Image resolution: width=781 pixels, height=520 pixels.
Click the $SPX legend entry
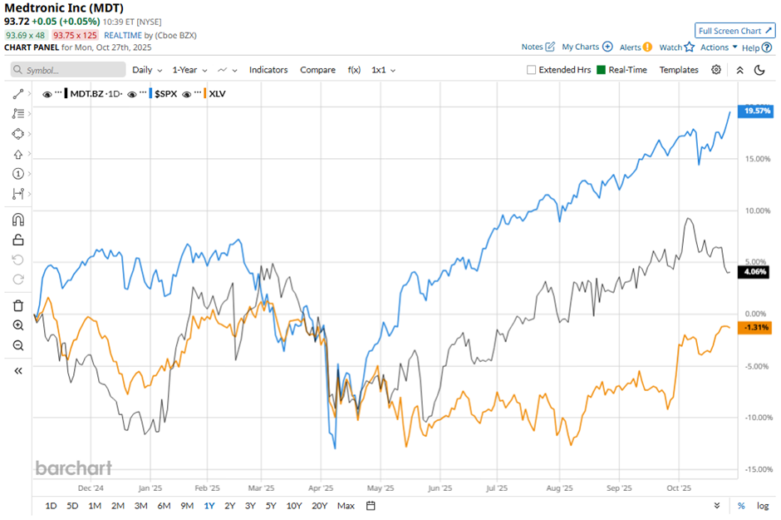click(x=165, y=94)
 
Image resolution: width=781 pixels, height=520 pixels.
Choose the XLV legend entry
click(x=217, y=94)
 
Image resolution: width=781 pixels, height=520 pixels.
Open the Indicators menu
click(x=268, y=70)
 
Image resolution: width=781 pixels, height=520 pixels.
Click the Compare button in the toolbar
click(x=317, y=70)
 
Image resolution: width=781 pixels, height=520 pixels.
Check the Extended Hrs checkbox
click(x=532, y=70)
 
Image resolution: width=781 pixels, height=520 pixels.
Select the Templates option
click(x=679, y=70)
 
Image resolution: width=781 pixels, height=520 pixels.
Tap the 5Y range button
click(x=271, y=506)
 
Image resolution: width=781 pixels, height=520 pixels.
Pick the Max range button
click(x=346, y=506)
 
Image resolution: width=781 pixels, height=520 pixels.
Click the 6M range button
click(x=164, y=506)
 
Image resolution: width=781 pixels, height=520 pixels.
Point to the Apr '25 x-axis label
click(x=321, y=489)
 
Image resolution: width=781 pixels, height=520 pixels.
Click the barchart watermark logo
click(x=73, y=468)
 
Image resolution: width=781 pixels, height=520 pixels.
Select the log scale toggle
click(x=763, y=506)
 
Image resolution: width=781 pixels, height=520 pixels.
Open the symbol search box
click(x=68, y=70)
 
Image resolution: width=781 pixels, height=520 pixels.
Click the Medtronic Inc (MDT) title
click(x=64, y=8)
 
